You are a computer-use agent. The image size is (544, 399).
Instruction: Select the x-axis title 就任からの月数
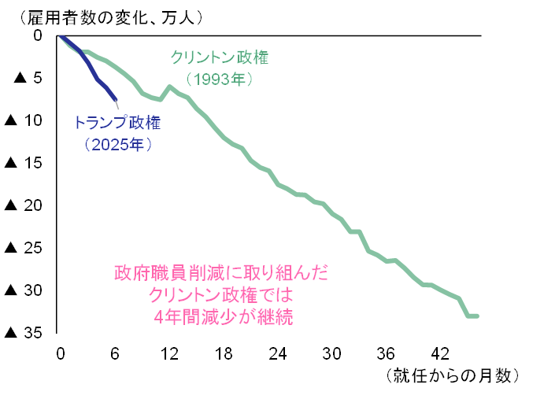453,375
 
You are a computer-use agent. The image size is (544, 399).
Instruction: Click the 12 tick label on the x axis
169,353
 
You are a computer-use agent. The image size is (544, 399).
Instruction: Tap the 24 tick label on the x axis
279,353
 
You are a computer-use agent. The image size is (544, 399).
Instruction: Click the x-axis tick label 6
115,353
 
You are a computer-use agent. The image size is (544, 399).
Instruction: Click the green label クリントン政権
220,57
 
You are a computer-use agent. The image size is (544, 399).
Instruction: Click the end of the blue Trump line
116,99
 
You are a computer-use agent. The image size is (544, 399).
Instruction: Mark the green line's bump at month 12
169,87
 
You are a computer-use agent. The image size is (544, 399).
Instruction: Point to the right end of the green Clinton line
477,316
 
